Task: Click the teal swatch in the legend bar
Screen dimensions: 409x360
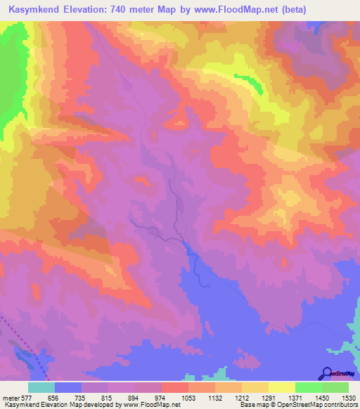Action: click(x=41, y=387)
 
